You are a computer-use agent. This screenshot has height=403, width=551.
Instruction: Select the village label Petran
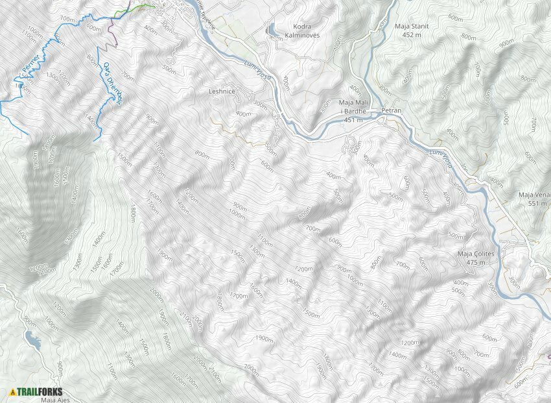[x=392, y=111]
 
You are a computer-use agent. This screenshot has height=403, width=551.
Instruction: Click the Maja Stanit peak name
[x=412, y=27]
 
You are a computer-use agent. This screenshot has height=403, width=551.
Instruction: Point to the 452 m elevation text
[x=412, y=35]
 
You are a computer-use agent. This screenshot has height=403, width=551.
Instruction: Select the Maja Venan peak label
[x=534, y=195]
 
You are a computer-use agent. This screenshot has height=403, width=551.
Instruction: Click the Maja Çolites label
[x=476, y=254]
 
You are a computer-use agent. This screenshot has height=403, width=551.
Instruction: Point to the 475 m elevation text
[x=476, y=262]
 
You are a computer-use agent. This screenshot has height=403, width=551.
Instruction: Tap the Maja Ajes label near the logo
[x=55, y=400]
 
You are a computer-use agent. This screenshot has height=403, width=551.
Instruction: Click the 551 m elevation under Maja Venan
[x=537, y=203]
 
